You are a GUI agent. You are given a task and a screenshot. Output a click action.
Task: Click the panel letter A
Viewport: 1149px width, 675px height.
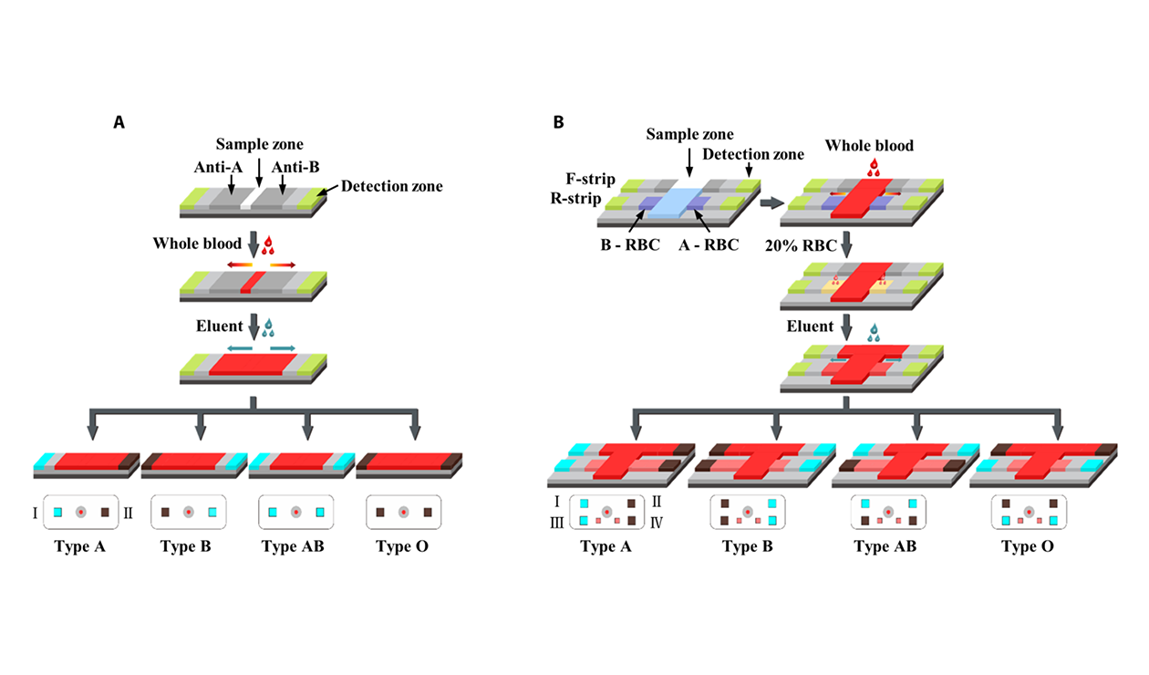pos(119,121)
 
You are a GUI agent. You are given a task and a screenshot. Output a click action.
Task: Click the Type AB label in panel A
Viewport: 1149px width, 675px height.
pos(292,547)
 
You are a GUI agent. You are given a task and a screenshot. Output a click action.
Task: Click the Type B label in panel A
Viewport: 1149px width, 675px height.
pos(186,547)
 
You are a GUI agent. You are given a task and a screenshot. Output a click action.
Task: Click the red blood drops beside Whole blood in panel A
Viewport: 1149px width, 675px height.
pos(267,244)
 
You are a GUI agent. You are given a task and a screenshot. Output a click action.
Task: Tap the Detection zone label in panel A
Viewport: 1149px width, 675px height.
pos(393,186)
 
